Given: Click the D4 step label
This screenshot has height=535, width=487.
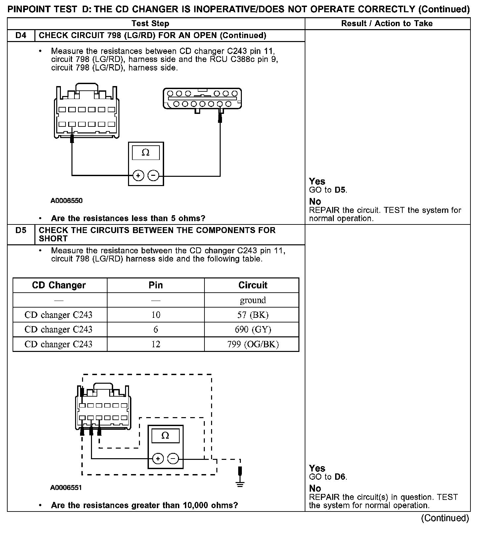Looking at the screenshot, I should [x=21, y=35].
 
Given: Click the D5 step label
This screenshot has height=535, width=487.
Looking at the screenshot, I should [x=21, y=230].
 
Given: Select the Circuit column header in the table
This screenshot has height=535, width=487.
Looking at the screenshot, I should [x=253, y=285].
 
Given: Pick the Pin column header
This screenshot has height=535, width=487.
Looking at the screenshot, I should [x=155, y=285].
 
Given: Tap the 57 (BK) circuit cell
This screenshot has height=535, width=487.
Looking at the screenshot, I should [x=253, y=315].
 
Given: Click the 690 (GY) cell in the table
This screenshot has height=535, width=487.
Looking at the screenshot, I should [x=253, y=329].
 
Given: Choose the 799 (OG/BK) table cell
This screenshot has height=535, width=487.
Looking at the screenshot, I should [x=253, y=344].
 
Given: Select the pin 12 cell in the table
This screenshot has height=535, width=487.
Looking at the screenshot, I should [x=155, y=344].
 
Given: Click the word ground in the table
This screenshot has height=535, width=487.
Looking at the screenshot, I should [x=253, y=300].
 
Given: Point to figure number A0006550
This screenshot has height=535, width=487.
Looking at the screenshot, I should [x=66, y=201].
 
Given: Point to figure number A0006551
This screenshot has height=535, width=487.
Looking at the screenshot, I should [x=66, y=487].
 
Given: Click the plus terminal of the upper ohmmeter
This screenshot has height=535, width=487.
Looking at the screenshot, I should [x=138, y=175].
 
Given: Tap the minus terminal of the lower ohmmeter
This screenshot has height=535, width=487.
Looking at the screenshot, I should [x=173, y=459].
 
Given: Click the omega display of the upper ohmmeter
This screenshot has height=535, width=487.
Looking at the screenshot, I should [x=146, y=153].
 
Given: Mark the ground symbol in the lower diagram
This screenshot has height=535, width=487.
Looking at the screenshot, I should [x=240, y=484].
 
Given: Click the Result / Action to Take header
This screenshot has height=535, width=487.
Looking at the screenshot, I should [x=387, y=24].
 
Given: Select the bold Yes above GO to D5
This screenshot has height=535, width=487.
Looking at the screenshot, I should [x=317, y=181].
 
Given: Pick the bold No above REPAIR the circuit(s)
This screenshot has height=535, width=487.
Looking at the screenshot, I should [x=315, y=488].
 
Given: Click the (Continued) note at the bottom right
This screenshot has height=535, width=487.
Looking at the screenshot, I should [x=445, y=518].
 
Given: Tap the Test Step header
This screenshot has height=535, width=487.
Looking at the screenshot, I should [x=150, y=24].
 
